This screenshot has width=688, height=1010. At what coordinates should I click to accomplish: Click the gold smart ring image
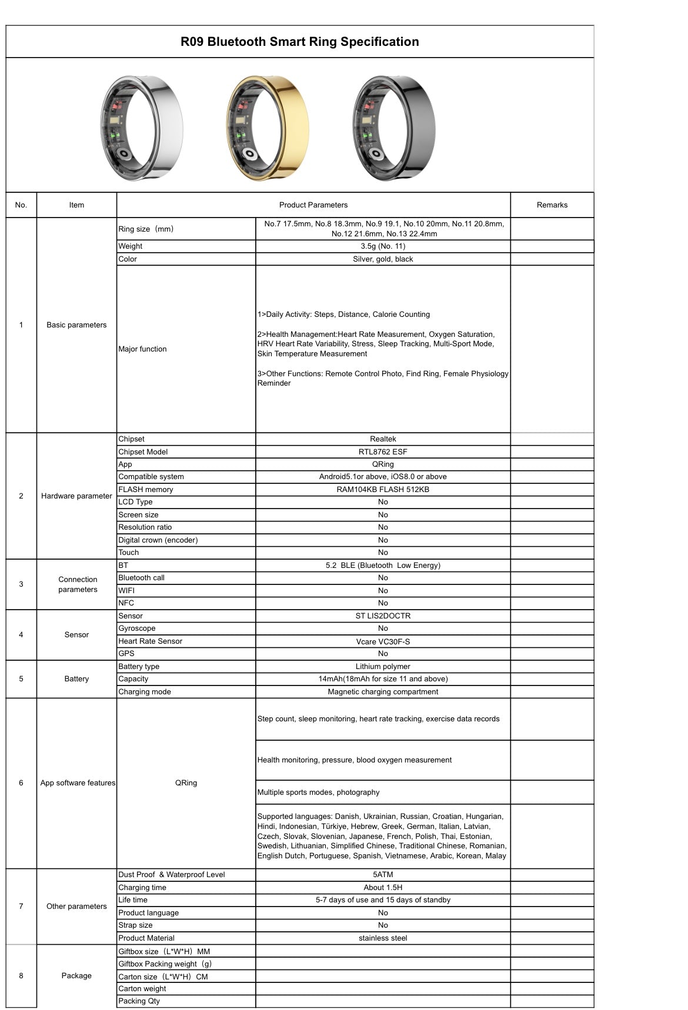(x=268, y=128)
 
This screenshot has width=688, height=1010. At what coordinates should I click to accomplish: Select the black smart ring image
(x=393, y=128)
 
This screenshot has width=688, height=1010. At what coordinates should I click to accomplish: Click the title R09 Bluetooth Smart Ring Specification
(x=299, y=42)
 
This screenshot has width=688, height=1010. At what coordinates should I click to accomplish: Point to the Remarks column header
(x=552, y=205)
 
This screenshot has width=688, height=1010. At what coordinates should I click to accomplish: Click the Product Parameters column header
(x=313, y=205)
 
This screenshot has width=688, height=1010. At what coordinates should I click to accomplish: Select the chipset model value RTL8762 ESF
(x=383, y=452)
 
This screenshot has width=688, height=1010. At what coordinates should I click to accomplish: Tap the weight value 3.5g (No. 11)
(x=383, y=246)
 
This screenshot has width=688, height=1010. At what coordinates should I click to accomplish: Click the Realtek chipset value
(x=383, y=439)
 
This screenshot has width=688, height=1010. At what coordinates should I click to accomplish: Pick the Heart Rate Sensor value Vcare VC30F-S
(x=383, y=641)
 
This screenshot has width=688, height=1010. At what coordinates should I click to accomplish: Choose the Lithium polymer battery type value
(x=383, y=667)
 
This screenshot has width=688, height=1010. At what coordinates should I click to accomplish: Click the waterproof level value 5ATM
(x=383, y=875)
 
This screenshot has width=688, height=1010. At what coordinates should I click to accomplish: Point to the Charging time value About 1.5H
(x=383, y=888)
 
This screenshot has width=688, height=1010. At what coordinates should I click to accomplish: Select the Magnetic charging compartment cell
(x=383, y=692)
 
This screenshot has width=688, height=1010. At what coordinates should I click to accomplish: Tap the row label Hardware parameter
(x=76, y=496)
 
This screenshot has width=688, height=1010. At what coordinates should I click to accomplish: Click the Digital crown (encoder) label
(x=158, y=540)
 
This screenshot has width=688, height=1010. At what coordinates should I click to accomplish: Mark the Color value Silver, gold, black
(x=383, y=259)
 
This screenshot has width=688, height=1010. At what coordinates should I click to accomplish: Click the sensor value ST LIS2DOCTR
(x=383, y=616)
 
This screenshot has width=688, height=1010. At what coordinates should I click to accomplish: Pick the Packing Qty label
(x=139, y=1001)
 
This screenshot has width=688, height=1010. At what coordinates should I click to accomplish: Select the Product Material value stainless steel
(x=383, y=938)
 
